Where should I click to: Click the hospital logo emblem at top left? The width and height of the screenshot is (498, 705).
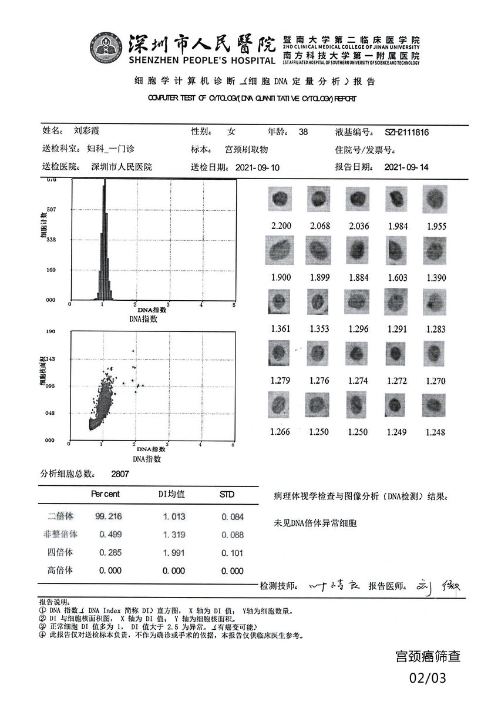click(106, 48)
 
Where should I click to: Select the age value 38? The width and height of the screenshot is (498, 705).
click(303, 132)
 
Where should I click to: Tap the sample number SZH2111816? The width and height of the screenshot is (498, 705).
click(407, 132)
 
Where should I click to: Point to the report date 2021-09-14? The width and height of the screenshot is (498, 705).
click(406, 167)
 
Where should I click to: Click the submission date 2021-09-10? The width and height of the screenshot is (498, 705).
click(257, 167)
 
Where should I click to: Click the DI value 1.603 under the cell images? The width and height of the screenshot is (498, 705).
click(396, 277)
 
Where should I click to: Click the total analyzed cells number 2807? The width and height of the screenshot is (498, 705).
click(120, 473)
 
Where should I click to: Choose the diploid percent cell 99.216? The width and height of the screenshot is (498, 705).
click(109, 516)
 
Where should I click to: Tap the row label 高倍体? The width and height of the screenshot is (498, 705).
click(61, 570)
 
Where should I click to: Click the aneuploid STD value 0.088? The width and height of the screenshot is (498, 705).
click(233, 535)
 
